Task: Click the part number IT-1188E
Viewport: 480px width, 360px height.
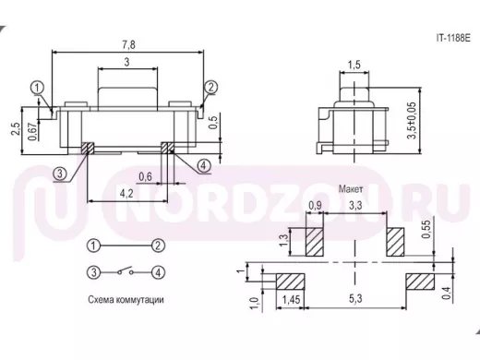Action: (453, 38)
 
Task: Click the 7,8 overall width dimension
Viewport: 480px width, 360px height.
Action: (128, 45)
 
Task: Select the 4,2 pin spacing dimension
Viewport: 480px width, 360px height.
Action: (126, 194)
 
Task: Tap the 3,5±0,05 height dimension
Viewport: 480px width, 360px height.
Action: (412, 120)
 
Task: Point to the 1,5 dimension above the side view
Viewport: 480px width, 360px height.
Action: (354, 65)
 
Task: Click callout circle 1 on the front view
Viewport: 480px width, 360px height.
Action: (37, 88)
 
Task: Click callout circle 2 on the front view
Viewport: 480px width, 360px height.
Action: (211, 87)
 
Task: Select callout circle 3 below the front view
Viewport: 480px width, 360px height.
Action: (60, 174)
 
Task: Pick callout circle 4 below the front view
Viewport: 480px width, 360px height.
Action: (203, 166)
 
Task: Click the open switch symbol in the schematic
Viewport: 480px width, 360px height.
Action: (126, 270)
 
